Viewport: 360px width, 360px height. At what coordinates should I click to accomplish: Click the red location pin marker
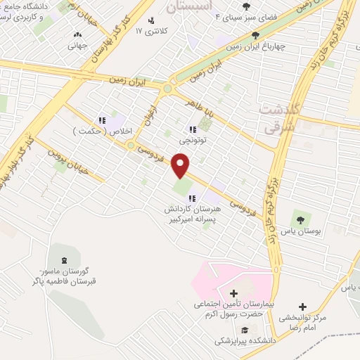point(181,165)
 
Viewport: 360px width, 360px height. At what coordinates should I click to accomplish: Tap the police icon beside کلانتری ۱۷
point(151,20)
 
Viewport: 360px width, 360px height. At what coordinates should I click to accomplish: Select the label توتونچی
point(194,141)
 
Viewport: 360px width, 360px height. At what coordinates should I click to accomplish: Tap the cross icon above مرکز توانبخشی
point(302,307)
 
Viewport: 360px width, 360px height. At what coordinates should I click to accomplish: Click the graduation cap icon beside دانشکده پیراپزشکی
point(244,330)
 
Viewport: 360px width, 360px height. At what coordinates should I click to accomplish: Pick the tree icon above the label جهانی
point(77,34)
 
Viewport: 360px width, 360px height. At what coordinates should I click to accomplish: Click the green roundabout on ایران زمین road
point(167,89)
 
